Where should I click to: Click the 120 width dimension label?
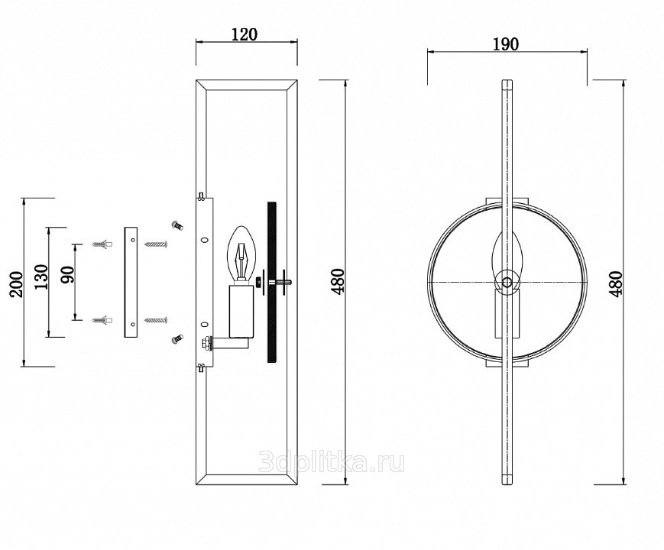pyautogui.click(x=245, y=34)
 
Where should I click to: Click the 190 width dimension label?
pyautogui.click(x=506, y=44)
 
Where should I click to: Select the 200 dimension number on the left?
pyautogui.click(x=17, y=284)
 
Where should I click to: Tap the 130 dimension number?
pyautogui.click(x=41, y=277)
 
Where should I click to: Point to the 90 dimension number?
pyautogui.click(x=68, y=275)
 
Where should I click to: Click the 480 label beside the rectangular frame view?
pyautogui.click(x=338, y=280)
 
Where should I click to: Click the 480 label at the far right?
pyautogui.click(x=616, y=283)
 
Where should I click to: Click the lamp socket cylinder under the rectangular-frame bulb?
pyautogui.click(x=241, y=312)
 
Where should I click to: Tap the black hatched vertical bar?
pyautogui.click(x=272, y=282)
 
